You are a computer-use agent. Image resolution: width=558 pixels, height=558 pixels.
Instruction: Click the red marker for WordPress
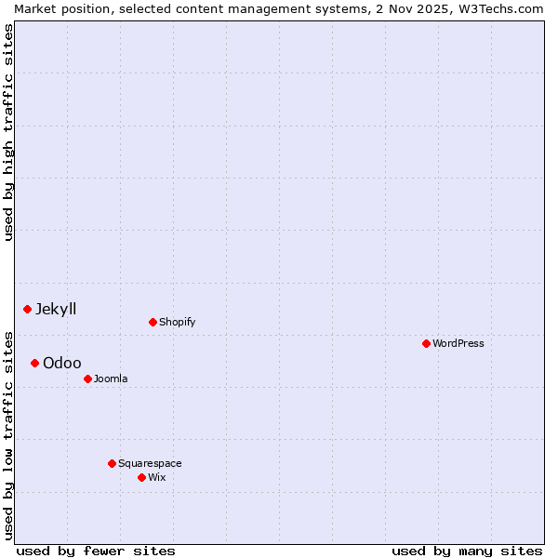pyautogui.click(x=426, y=343)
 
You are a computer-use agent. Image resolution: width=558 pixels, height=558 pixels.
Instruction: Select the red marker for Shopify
pyautogui.click(x=153, y=322)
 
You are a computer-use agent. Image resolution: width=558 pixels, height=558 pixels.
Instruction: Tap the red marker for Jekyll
pyautogui.click(x=27, y=309)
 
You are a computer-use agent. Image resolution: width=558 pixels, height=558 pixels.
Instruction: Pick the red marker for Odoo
pyautogui.click(x=34, y=363)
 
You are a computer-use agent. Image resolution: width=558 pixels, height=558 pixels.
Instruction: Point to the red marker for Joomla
pyautogui.click(x=87, y=379)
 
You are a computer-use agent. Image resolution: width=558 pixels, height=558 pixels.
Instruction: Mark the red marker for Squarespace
pyautogui.click(x=112, y=463)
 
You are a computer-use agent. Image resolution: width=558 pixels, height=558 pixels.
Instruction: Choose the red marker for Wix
pyautogui.click(x=141, y=477)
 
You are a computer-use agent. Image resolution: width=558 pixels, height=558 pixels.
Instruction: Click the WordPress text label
pyautogui.click(x=458, y=343)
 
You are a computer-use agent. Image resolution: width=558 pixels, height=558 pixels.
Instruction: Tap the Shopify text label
pyautogui.click(x=178, y=322)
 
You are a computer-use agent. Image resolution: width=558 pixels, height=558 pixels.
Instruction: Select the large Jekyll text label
pyautogui.click(x=56, y=309)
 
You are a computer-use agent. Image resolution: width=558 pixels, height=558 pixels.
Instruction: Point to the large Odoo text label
pyautogui.click(x=62, y=363)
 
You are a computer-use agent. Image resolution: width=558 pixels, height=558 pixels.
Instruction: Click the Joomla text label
pyautogui.click(x=111, y=379)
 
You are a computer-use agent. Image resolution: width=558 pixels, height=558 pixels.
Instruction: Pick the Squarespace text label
pyautogui.click(x=150, y=463)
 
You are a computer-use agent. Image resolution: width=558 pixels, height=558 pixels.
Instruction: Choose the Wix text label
pyautogui.click(x=157, y=477)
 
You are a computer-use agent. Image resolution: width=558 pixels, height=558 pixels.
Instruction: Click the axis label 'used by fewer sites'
pyautogui.click(x=96, y=551)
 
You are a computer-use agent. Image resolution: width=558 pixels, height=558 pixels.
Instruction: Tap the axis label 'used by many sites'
pyautogui.click(x=467, y=551)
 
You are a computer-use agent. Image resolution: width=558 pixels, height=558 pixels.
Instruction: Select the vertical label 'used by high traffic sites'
pyautogui.click(x=8, y=132)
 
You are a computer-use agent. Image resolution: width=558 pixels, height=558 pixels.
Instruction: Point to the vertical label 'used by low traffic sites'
pyautogui.click(x=8, y=434)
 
